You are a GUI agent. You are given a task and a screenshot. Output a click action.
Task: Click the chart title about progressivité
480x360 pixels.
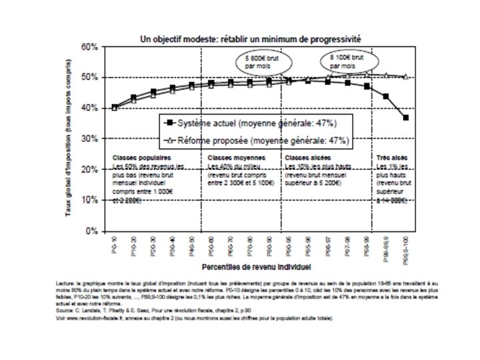click(x=250, y=39)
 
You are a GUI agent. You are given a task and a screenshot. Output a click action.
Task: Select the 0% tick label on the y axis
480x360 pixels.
click(x=91, y=231)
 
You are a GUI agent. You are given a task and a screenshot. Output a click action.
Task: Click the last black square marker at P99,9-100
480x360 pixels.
click(x=406, y=118)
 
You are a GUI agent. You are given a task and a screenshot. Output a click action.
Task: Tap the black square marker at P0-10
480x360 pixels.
click(x=114, y=107)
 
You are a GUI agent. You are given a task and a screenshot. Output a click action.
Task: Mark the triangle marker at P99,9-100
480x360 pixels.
click(x=406, y=77)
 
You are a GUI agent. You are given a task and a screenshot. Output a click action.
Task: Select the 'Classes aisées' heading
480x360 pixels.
click(x=305, y=158)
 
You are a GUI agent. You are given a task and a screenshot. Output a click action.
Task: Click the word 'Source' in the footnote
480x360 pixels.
click(x=65, y=311)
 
